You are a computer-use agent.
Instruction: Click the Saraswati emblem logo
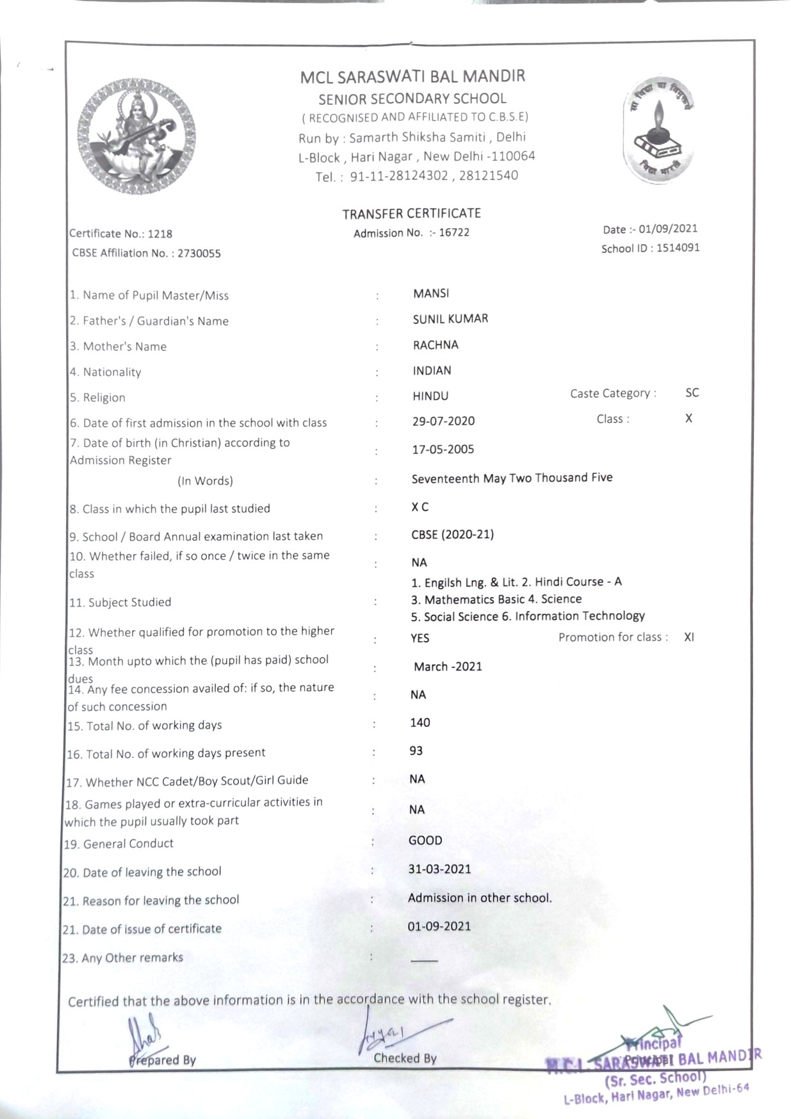[x=136, y=136]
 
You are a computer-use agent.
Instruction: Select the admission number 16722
[x=454, y=233]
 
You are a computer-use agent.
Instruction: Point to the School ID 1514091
[x=678, y=248]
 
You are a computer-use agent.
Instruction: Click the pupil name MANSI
[x=431, y=293]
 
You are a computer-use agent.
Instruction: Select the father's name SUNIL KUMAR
[x=450, y=319]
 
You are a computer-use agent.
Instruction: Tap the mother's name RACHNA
[x=436, y=345]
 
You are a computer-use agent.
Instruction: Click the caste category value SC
[x=692, y=393]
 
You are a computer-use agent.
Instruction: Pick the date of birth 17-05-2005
[x=443, y=449]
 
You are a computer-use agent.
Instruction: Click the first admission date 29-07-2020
[x=443, y=421]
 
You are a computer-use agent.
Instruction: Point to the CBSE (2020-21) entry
[x=452, y=534]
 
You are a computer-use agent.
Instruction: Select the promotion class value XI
[x=689, y=637]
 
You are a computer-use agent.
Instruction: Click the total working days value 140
[x=420, y=723]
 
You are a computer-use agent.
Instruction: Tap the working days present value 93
[x=416, y=751]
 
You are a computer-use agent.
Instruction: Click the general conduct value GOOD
[x=425, y=840]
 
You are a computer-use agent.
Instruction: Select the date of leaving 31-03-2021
[x=439, y=869]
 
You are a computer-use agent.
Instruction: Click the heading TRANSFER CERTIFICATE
[x=411, y=213]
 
